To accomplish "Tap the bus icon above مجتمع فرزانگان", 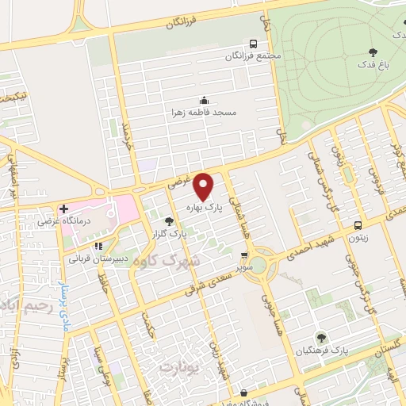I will point(252,43).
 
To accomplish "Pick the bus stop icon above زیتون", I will point(358,224).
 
